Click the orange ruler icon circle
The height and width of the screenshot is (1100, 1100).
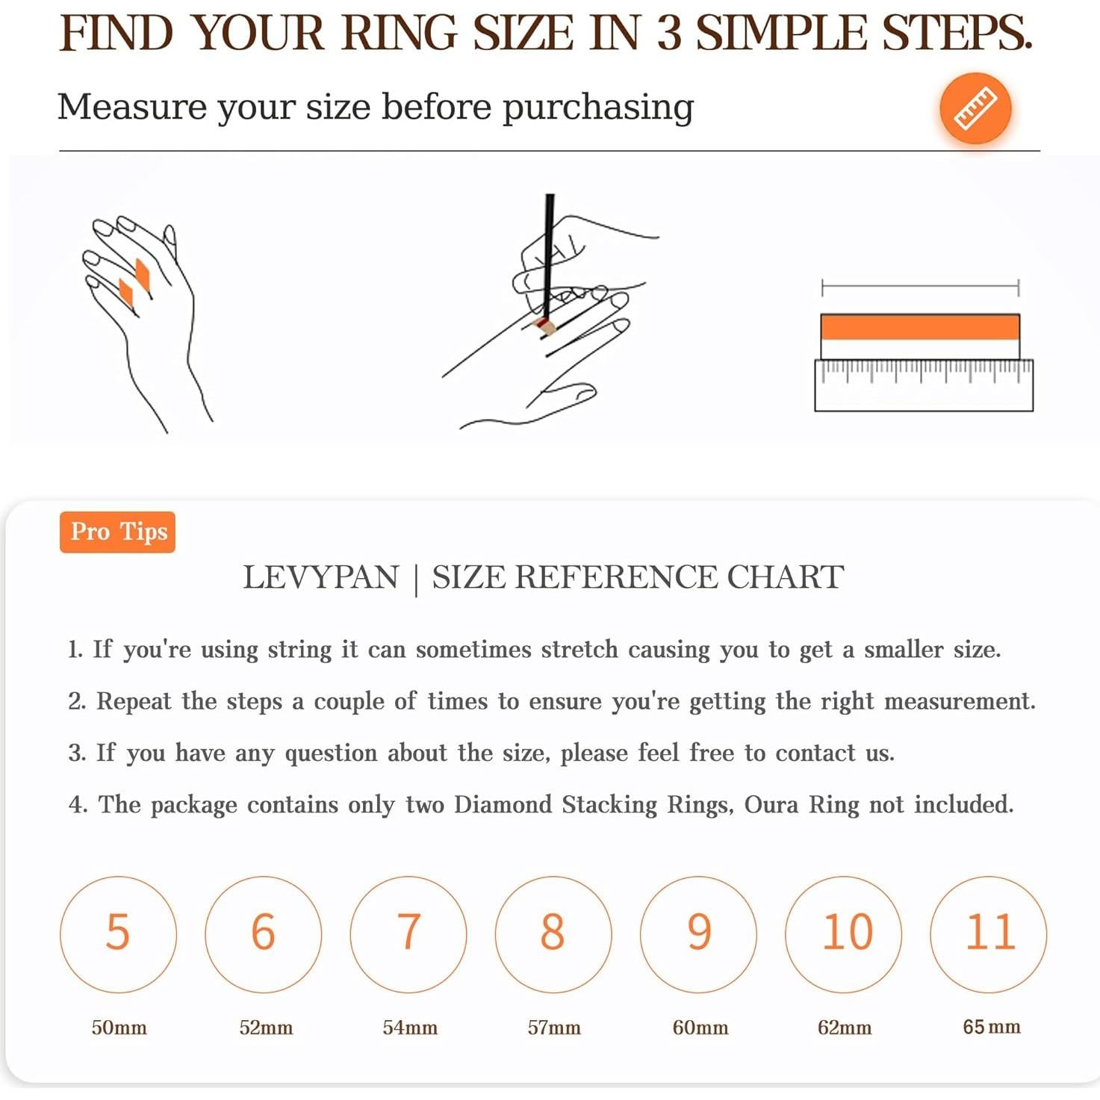tap(975, 108)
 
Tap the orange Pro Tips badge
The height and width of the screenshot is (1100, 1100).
tap(117, 532)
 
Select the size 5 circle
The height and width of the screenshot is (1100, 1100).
tap(118, 934)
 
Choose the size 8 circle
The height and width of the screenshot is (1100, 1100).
tap(553, 934)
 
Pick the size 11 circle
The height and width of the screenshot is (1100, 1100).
tap(988, 934)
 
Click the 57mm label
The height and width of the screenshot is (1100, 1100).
tap(553, 1028)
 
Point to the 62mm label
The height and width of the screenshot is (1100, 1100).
tap(845, 1028)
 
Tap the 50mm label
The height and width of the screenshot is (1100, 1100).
tap(119, 1028)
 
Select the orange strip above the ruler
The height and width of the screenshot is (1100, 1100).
tap(919, 327)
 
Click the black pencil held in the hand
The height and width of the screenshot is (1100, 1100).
tap(548, 257)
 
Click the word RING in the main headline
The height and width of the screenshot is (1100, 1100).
tap(400, 33)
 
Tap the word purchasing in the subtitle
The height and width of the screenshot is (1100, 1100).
tap(597, 108)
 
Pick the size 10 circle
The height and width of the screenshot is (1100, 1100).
tap(843, 934)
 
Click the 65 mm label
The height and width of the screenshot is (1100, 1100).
tap(992, 1027)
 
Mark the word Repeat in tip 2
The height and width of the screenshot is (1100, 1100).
tap(134, 701)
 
